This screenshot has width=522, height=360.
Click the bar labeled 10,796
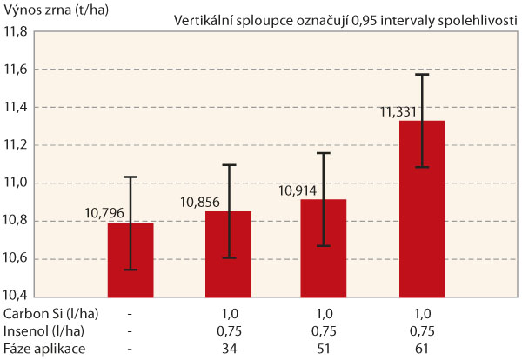point(130,261)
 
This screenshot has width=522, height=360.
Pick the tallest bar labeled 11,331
point(422,209)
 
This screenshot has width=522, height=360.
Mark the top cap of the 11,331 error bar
point(423,75)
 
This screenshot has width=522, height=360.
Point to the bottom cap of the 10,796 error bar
point(130,270)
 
